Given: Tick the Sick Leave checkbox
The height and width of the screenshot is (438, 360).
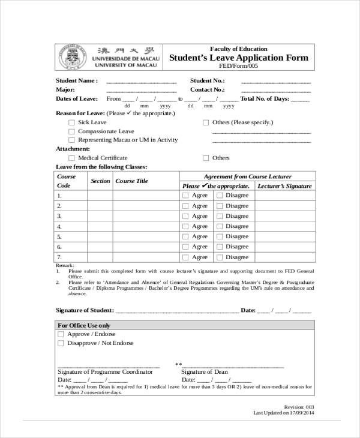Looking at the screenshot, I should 71,122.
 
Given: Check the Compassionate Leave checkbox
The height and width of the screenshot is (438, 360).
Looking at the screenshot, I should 71,131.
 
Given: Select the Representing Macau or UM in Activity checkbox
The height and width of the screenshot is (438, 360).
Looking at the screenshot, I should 71,140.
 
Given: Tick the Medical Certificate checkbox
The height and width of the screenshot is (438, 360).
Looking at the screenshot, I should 71,158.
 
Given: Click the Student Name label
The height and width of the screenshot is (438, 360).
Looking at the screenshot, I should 76,80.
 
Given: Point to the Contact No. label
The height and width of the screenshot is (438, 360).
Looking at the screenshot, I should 207,89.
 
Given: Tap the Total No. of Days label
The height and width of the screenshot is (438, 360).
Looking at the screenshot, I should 265,98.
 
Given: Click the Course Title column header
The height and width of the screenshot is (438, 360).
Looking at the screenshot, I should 131,181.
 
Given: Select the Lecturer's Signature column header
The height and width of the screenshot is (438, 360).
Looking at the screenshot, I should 284,186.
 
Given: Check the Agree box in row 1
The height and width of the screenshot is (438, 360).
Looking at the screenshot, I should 185,196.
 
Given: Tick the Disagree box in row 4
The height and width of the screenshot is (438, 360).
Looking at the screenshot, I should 220,226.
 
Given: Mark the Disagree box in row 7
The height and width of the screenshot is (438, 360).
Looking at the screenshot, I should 220,257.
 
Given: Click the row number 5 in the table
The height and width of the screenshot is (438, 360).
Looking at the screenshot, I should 59,236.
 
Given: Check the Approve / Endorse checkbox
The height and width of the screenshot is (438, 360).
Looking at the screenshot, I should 60,334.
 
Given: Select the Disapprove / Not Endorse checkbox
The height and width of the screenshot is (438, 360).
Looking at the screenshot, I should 60,344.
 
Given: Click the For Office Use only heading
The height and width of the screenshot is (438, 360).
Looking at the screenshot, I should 84,325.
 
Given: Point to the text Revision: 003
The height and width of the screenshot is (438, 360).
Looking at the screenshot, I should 298,406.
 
